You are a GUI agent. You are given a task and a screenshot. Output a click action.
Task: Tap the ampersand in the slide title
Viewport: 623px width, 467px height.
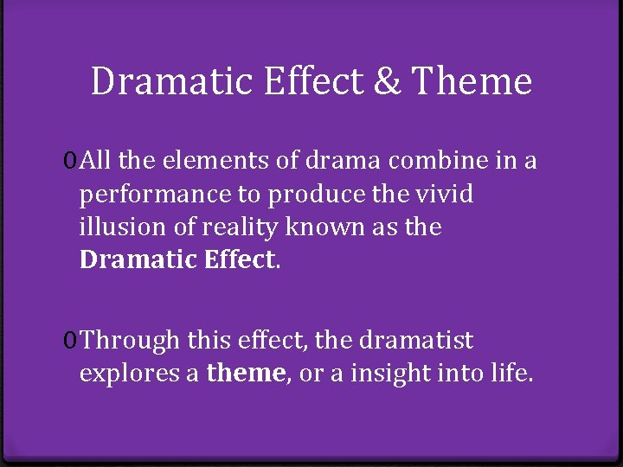(x=383, y=82)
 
